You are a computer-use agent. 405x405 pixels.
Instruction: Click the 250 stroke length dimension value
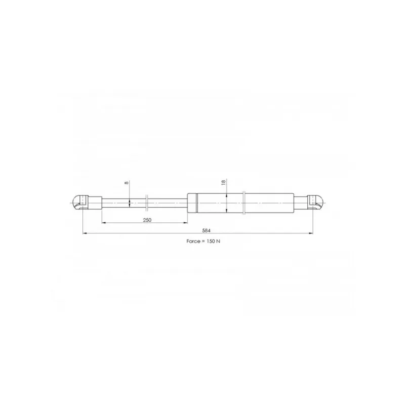(x=147, y=220)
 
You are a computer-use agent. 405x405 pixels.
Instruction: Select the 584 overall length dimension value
(x=207, y=230)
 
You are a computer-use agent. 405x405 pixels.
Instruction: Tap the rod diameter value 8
(x=126, y=183)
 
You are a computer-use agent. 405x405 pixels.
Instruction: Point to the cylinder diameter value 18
(x=223, y=182)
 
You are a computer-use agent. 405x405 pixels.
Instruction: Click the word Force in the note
(x=193, y=241)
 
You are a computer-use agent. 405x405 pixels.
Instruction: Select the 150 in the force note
(x=211, y=241)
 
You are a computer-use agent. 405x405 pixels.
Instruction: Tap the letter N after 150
(x=219, y=241)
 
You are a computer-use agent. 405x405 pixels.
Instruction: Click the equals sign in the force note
(x=203, y=241)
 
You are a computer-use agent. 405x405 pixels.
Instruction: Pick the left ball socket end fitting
(x=79, y=203)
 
